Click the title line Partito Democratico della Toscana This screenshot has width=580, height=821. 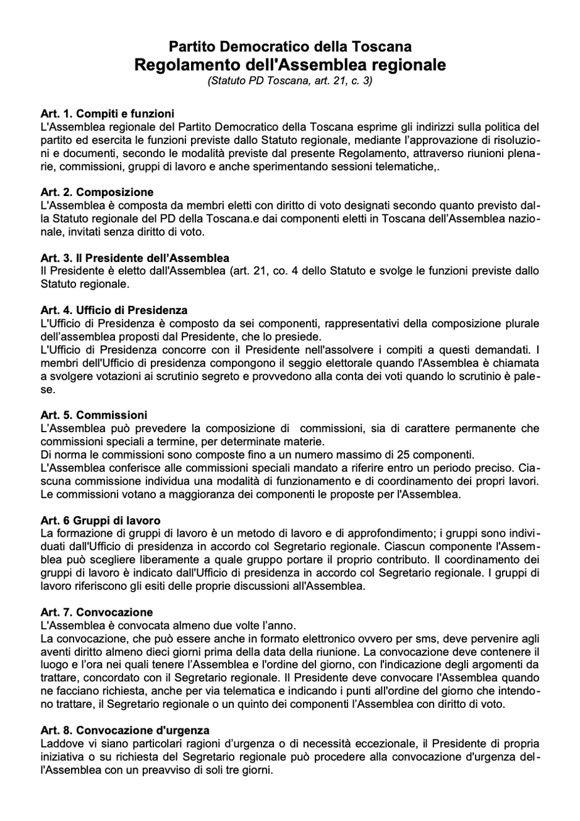pos(290,46)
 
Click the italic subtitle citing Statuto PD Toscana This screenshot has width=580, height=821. pos(290,80)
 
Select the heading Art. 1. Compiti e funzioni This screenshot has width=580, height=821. pos(107,114)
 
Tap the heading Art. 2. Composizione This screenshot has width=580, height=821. pos(97,192)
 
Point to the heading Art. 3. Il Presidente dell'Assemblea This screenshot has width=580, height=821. pos(135,258)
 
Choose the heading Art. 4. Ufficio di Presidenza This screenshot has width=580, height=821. pos(114,310)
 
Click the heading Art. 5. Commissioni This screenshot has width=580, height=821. pos(94,415)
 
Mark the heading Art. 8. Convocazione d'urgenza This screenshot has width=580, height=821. pos(125,730)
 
